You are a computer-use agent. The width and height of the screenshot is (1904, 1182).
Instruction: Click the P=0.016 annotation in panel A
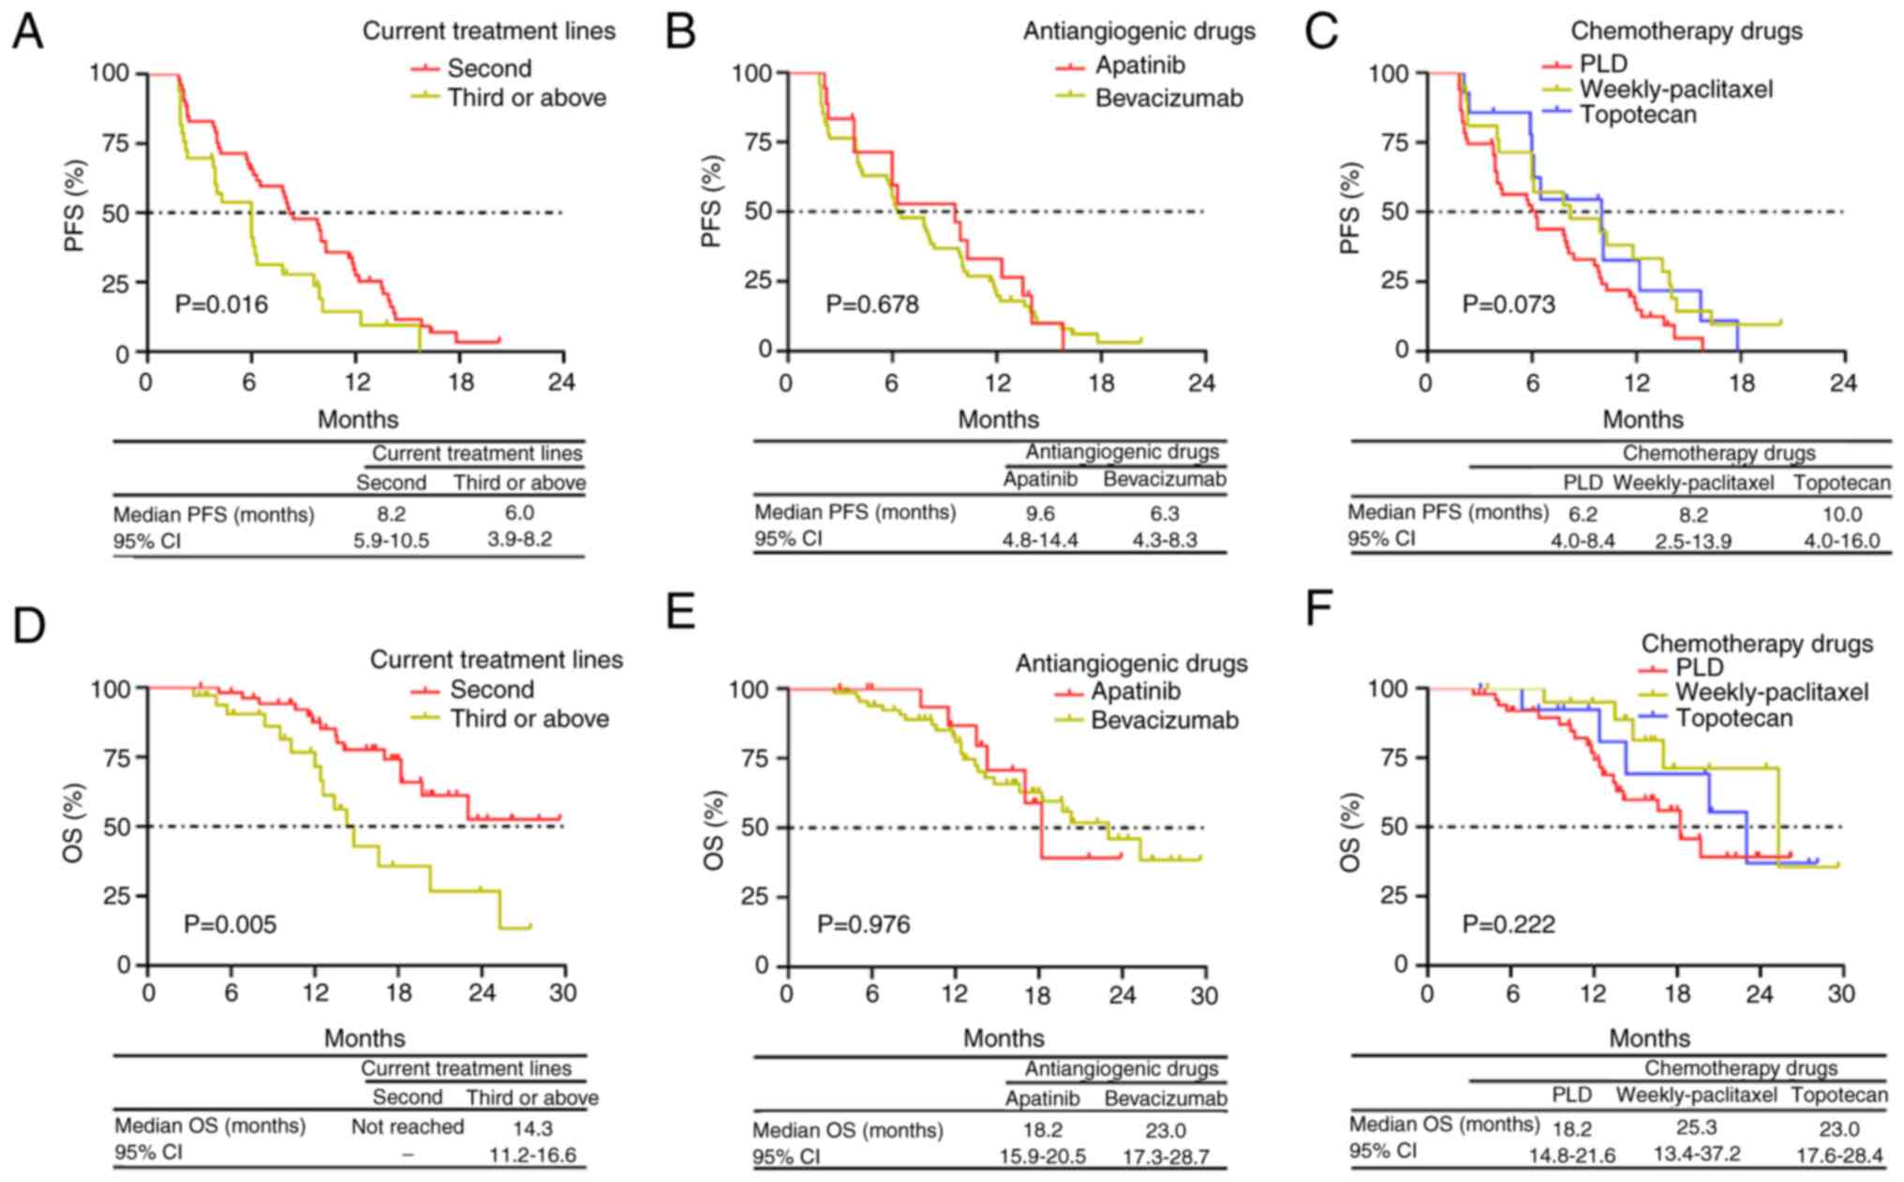[x=222, y=305]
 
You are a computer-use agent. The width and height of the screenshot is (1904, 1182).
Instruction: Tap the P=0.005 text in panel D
[x=231, y=925]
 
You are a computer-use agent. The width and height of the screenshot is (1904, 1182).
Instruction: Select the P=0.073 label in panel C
[x=1509, y=305]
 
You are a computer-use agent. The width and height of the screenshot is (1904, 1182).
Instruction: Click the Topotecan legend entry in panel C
[x=1637, y=115]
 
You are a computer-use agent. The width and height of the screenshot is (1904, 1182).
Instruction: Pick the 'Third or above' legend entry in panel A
[x=527, y=97]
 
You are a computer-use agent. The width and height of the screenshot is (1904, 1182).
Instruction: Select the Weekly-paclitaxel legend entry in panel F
[x=1771, y=693]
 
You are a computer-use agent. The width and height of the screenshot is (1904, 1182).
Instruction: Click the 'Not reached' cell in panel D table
[x=408, y=1127]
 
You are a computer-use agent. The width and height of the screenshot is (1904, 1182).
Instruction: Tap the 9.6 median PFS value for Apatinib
[x=1041, y=514]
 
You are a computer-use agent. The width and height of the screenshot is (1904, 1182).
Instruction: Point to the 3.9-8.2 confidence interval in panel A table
[x=520, y=540]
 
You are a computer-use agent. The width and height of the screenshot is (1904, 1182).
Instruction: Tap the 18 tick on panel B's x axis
[x=1102, y=383]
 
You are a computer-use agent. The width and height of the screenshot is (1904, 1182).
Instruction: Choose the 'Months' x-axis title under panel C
[x=1643, y=420]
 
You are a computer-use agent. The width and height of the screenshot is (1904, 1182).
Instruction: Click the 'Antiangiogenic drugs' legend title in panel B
[x=1138, y=32]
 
